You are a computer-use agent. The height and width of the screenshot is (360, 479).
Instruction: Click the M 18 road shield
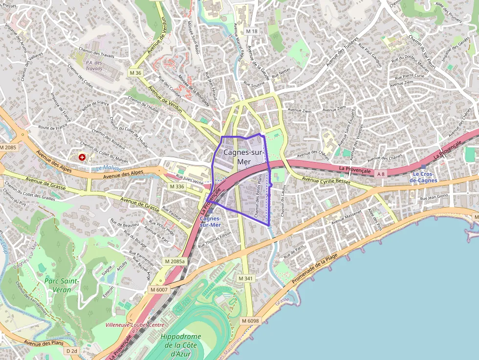click(252, 31)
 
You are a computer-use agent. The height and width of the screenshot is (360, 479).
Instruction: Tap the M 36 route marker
click(135, 73)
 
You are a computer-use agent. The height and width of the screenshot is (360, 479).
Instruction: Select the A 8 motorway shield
click(381, 173)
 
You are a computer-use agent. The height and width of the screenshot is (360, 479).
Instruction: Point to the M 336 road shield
click(177, 187)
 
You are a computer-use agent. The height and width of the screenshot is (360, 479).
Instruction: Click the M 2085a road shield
click(175, 261)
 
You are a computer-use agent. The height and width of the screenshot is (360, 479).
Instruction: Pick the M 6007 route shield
click(158, 290)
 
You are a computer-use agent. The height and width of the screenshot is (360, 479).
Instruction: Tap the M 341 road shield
click(245, 278)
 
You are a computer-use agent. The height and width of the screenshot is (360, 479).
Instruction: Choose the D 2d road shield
click(71, 351)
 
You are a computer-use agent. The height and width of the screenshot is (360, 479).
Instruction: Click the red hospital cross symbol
click(82, 157)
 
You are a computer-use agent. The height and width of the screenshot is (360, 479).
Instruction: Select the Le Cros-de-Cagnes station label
click(423, 177)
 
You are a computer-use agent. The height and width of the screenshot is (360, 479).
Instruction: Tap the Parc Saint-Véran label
click(62, 285)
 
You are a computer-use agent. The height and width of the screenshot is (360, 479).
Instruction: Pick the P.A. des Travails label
click(94, 65)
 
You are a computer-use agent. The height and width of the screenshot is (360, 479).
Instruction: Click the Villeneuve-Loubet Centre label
click(135, 324)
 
